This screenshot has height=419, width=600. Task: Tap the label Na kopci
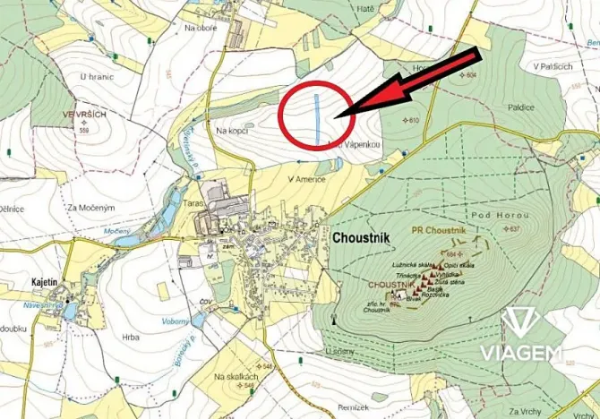(x=232, y=131)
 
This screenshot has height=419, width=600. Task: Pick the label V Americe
(x=306, y=179)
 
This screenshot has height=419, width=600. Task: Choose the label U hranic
(x=97, y=77)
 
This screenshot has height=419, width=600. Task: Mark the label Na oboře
(x=201, y=28)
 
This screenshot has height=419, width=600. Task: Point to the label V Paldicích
(x=552, y=66)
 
